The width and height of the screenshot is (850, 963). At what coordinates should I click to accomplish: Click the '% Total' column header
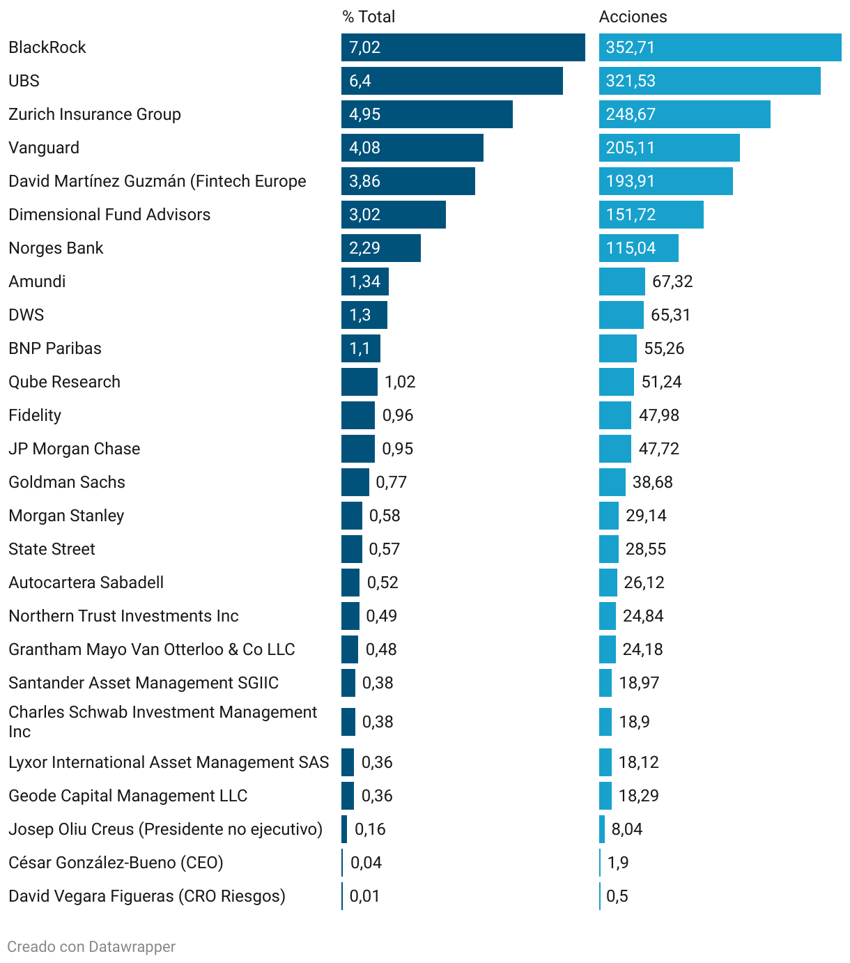point(369,17)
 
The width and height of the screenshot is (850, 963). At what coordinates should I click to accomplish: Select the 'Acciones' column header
point(633,17)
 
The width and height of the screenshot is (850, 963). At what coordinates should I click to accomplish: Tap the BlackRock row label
point(47,47)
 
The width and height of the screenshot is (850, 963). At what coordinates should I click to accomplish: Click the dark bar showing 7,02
point(463,47)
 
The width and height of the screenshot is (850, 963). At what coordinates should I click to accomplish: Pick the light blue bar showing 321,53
point(709,81)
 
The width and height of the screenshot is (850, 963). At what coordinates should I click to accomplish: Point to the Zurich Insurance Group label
point(95,114)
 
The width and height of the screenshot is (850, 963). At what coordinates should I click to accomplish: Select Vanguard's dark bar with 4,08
point(412,148)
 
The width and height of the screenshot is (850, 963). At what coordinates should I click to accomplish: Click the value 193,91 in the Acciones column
point(631,181)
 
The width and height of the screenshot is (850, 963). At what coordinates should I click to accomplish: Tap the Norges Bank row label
point(56,248)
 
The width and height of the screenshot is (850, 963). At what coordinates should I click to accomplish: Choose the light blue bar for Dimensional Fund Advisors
point(651,215)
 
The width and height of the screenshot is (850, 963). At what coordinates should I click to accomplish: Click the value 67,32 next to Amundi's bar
point(672,282)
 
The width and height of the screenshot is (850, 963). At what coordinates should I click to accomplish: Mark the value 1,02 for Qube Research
point(400,382)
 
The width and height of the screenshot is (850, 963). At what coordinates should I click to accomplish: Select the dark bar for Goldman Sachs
point(355,482)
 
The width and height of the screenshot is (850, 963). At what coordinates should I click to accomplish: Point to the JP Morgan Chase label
point(75,449)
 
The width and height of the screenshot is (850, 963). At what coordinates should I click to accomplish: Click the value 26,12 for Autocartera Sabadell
point(644,583)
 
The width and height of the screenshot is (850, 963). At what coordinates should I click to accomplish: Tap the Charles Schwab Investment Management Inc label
point(162,722)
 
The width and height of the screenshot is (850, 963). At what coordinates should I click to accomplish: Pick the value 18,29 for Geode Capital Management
point(638,796)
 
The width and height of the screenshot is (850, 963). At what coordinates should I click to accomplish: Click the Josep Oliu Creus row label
point(165,829)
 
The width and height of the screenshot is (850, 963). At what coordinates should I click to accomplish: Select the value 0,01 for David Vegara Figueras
point(364,896)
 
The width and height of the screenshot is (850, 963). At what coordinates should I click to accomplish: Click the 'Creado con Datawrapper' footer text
point(91,946)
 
